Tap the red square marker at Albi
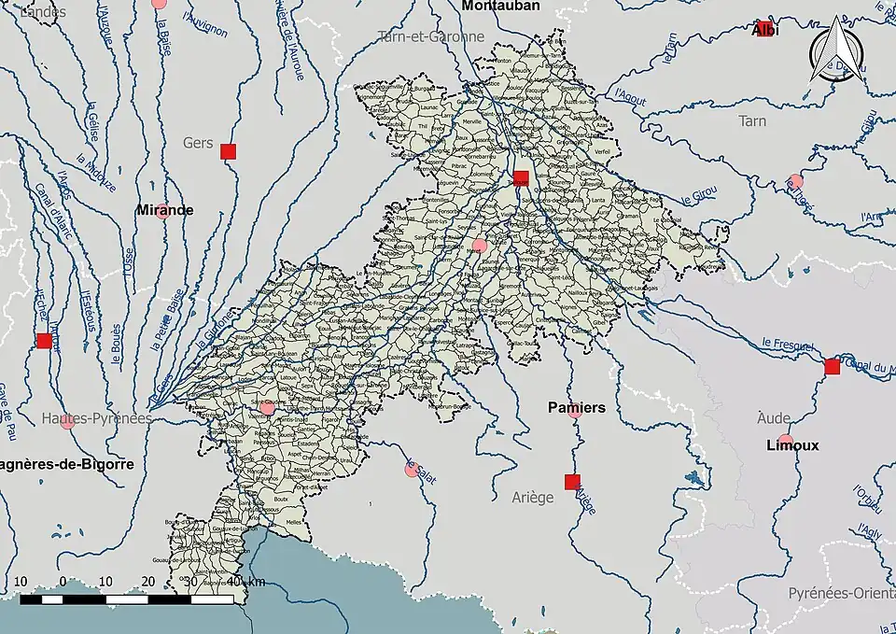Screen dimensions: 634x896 765,28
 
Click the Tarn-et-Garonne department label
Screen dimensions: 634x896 431,37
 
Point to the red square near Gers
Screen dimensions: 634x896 229,151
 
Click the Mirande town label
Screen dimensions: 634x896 165,210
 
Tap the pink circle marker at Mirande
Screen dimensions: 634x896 162,210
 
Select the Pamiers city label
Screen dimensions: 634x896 576,408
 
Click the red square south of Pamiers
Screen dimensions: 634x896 572,482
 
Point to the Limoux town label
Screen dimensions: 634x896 793,445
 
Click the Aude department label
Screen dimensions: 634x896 774,417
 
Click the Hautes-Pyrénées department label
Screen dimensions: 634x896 97,419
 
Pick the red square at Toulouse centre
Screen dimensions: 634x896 521,177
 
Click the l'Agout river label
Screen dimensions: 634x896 632,93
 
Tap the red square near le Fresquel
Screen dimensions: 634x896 832,367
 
